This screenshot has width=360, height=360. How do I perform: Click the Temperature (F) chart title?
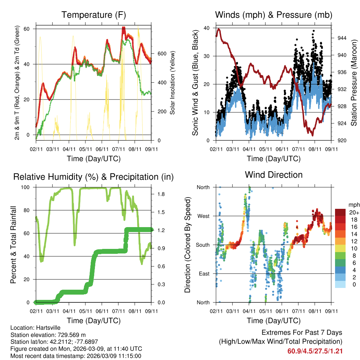(94, 15)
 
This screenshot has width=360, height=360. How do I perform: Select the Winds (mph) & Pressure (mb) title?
(274, 15)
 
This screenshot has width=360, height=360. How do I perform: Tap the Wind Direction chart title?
(274, 175)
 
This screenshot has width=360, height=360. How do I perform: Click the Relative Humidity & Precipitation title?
(94, 177)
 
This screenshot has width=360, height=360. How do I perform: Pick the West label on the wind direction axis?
(203, 216)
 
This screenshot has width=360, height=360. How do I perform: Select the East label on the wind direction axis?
(204, 274)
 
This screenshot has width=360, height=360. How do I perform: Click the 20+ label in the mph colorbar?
(353, 212)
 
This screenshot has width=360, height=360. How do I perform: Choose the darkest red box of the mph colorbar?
(340, 212)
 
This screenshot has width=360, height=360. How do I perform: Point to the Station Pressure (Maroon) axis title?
(354, 83)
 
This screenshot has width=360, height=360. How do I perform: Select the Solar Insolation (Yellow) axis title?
(173, 83)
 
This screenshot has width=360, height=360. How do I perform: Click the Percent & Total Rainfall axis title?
(13, 245)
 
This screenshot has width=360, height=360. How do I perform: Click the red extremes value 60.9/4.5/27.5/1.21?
(315, 351)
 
